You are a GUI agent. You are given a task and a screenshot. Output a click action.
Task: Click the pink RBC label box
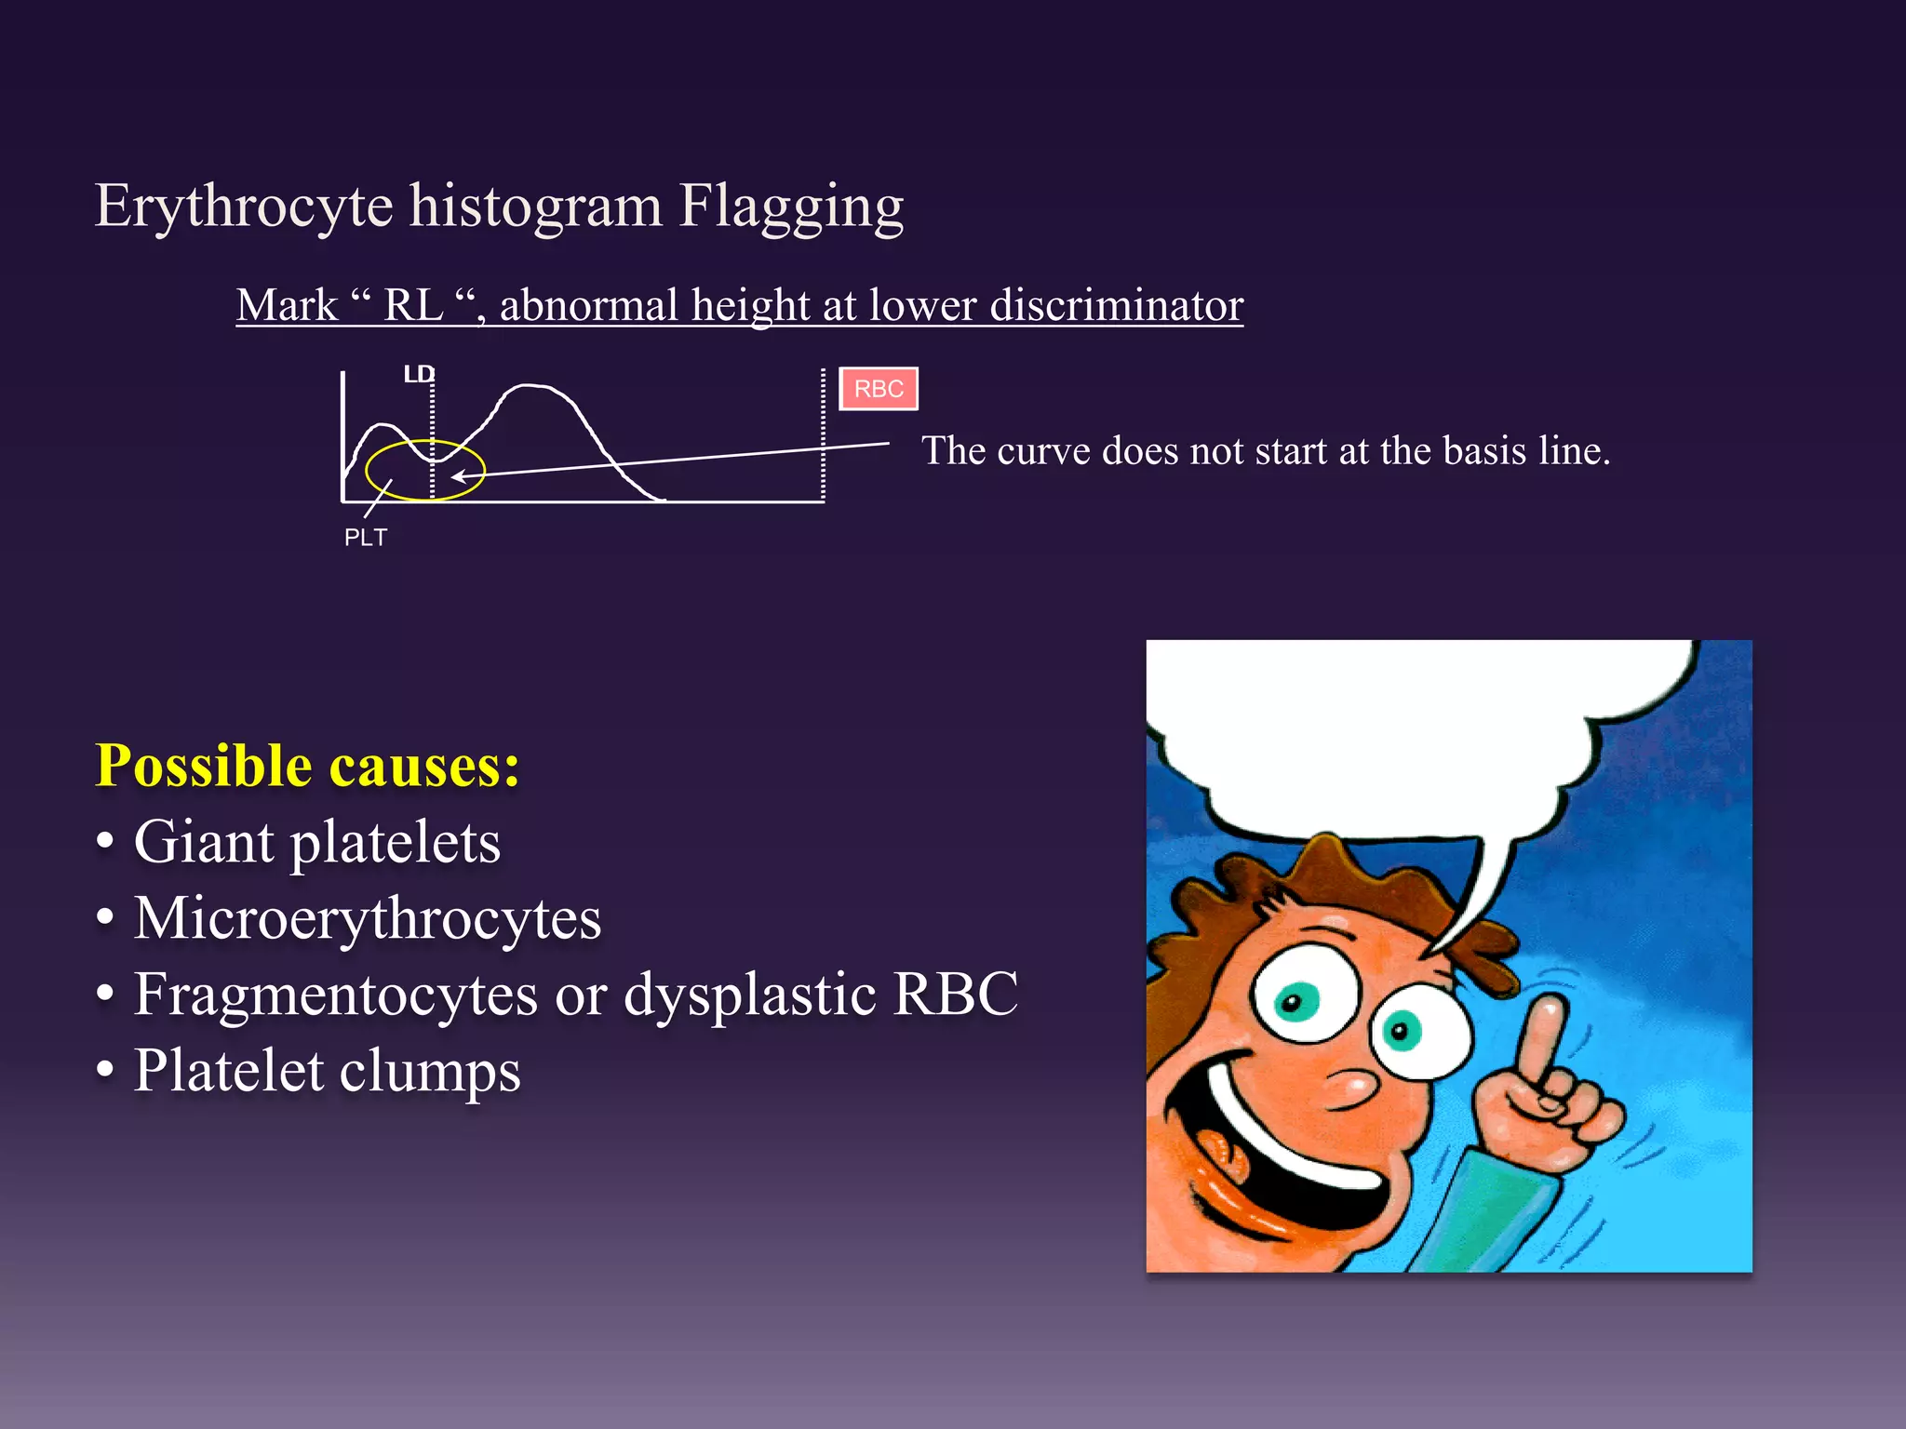[879, 389]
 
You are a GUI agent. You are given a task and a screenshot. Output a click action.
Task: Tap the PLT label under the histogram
[365, 538]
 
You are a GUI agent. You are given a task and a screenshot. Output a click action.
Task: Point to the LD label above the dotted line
[418, 374]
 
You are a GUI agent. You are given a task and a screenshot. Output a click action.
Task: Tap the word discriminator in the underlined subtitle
[1116, 305]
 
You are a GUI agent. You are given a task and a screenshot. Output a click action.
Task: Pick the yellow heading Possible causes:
[307, 766]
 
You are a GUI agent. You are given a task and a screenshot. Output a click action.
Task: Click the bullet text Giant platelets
[316, 842]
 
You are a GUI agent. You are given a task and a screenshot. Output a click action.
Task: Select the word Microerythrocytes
[368, 918]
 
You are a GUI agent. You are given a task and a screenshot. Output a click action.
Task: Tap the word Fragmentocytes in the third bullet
[335, 995]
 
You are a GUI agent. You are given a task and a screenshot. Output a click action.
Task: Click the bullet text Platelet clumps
[327, 1071]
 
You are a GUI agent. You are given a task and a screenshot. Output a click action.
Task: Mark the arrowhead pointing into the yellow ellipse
[458, 477]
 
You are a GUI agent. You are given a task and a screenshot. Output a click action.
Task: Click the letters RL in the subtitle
[413, 305]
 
